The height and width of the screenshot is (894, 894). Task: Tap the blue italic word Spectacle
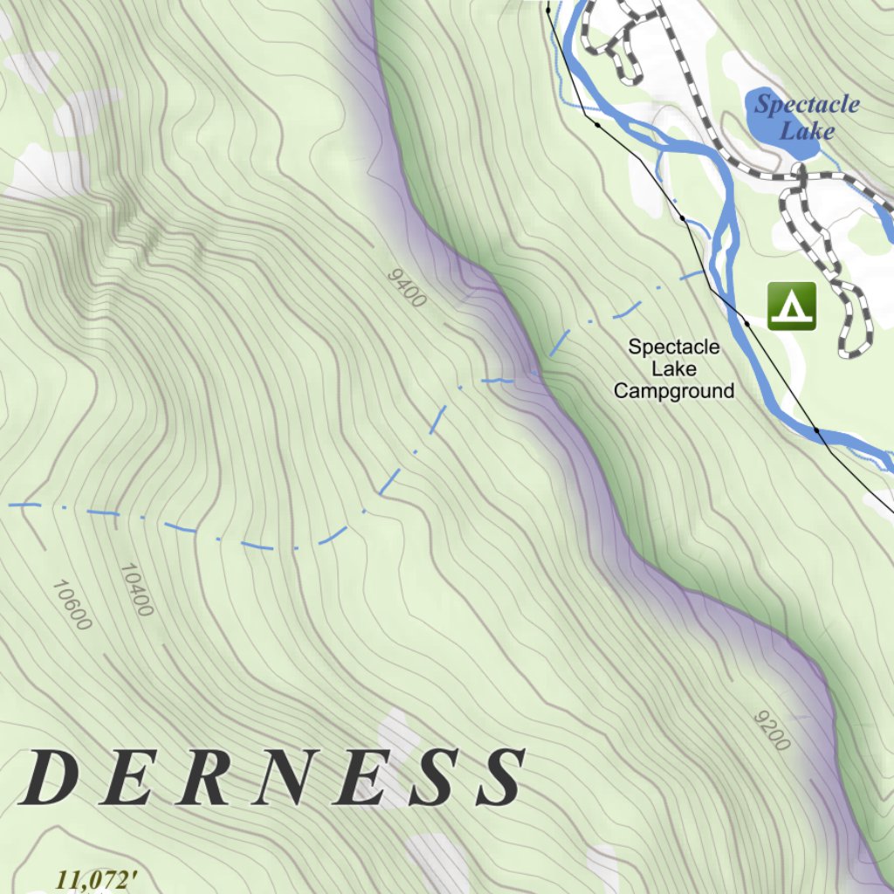click(x=807, y=105)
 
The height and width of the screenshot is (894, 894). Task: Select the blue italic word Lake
click(x=807, y=132)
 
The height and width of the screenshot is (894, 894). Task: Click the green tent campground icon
click(x=792, y=306)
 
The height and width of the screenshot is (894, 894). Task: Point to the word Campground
click(x=674, y=391)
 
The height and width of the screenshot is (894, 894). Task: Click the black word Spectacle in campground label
click(x=674, y=347)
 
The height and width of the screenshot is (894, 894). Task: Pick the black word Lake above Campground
click(x=674, y=368)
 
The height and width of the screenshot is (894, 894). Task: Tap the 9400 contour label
click(x=406, y=288)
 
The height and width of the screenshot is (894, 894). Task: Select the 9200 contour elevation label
click(x=772, y=730)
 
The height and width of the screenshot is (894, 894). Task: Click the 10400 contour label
click(x=136, y=589)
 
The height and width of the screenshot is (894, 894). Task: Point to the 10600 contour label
click(x=71, y=604)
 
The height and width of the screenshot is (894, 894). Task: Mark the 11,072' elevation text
click(x=97, y=879)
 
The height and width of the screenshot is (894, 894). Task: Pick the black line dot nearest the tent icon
click(x=746, y=323)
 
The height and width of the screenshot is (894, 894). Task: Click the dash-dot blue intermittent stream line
click(x=262, y=546)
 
